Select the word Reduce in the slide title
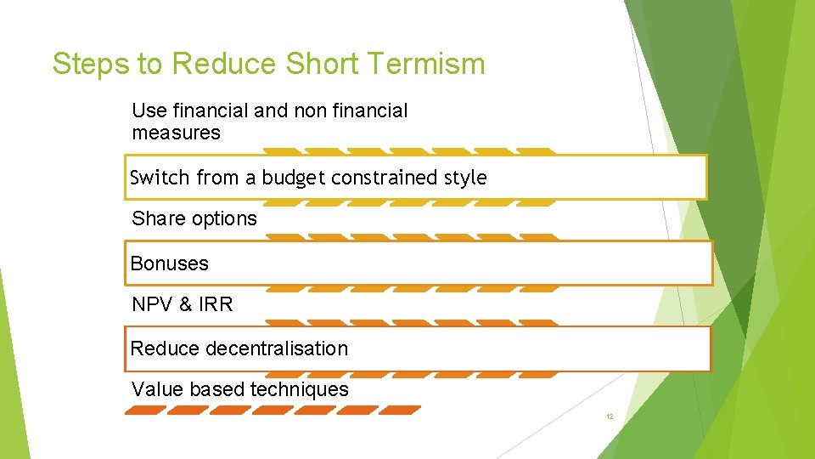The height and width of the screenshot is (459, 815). tap(223, 64)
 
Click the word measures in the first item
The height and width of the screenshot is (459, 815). tap(176, 133)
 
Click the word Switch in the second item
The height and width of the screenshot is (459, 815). tap(160, 178)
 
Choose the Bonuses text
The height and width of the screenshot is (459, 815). tap(169, 263)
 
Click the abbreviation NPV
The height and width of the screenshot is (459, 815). tap(152, 304)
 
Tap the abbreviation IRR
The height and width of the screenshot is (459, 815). tap(216, 304)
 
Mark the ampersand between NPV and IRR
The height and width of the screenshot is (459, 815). tap(185, 304)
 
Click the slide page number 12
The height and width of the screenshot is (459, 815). tap(609, 417)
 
